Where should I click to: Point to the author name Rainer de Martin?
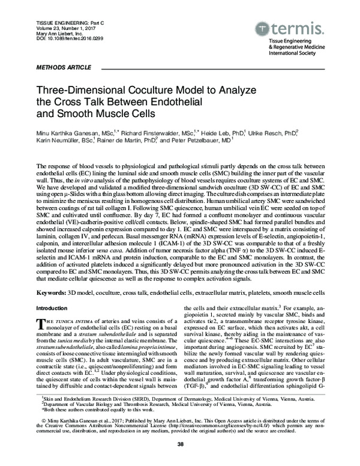(133, 139)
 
